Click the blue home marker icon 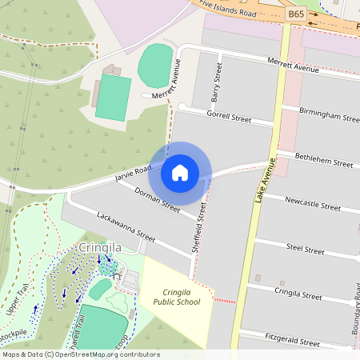pyautogui.click(x=180, y=172)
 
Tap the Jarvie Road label pyautogui.click(x=133, y=172)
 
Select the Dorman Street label pyautogui.click(x=157, y=199)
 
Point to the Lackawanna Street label pyautogui.click(x=126, y=226)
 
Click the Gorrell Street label pyautogui.click(x=229, y=117)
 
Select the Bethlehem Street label pyautogui.click(x=324, y=159)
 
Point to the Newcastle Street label pyautogui.click(x=313, y=203)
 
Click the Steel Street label pyautogui.click(x=305, y=249)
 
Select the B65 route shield pyautogui.click(x=295, y=14)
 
